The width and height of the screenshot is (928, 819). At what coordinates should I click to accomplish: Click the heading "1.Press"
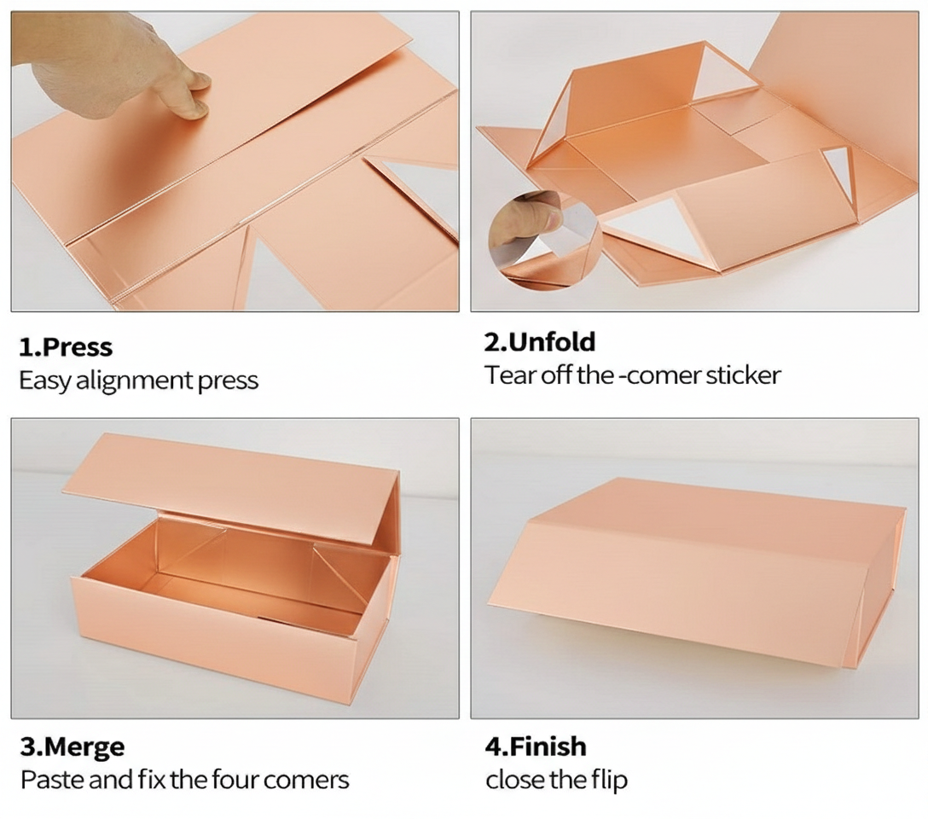[x=66, y=347]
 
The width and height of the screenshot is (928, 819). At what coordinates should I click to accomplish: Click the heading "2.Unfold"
[x=540, y=342]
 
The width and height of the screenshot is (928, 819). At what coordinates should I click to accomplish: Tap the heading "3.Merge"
[x=72, y=747]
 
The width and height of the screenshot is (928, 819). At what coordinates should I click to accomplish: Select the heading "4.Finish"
[x=536, y=746]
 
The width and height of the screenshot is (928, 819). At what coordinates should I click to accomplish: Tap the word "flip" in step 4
[x=608, y=780]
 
